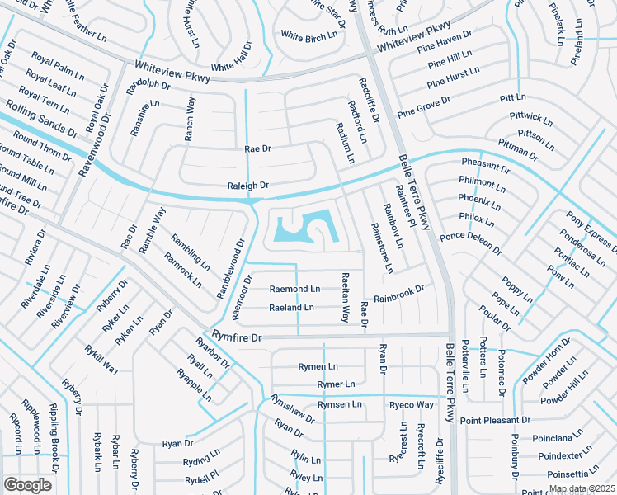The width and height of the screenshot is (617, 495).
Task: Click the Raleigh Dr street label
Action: coord(248,186)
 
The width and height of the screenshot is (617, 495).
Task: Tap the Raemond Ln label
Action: coord(294,289)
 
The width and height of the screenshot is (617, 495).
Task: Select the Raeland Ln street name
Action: coord(291,308)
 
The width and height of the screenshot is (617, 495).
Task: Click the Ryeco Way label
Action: coord(412,405)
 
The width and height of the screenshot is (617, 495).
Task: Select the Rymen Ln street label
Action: coord(318,366)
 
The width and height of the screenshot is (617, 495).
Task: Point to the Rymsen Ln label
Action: coord(340,404)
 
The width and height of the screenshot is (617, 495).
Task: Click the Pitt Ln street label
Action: coord(512,97)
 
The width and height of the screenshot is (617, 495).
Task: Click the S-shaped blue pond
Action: coord(307,227)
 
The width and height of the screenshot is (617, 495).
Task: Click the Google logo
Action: coord(27,484)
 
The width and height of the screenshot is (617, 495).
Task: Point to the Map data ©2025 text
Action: coord(581,488)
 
